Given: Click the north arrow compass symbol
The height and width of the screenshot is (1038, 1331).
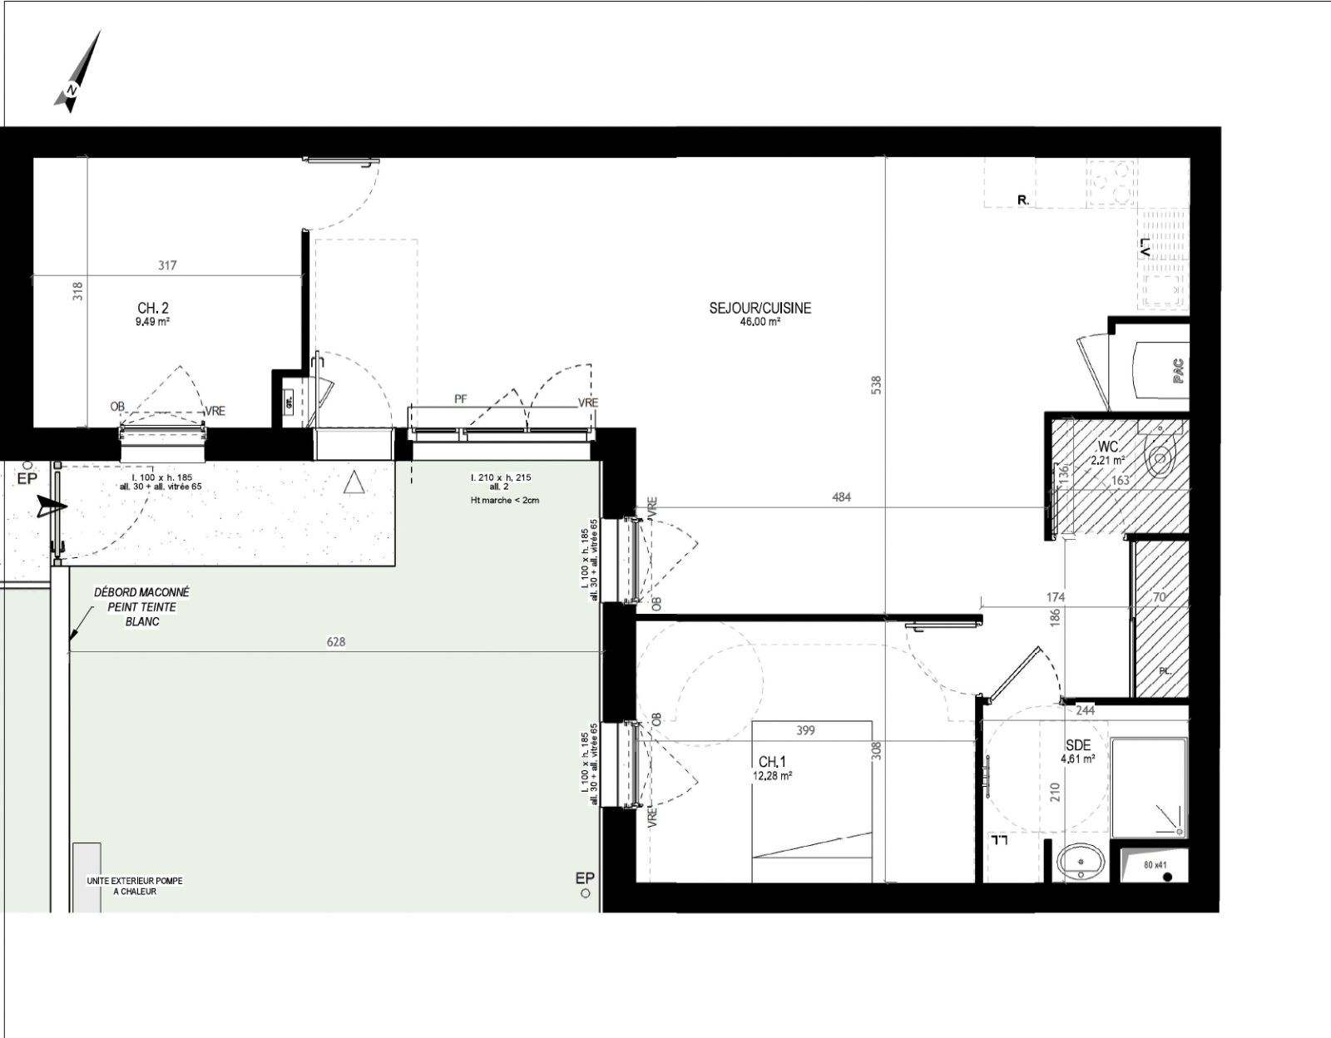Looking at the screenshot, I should click(x=77, y=73).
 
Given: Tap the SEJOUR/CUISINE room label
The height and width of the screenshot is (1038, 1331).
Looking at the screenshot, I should click(x=760, y=308).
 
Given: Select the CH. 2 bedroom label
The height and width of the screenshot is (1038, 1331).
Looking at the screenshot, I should click(x=153, y=309).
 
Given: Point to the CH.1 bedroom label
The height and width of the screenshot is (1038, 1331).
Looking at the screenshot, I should click(x=772, y=762).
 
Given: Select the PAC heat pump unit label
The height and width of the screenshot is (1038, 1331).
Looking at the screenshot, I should click(x=1178, y=370).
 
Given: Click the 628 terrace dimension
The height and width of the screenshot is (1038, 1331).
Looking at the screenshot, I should click(x=336, y=641).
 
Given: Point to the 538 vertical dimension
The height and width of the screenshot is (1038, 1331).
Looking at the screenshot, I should click(x=876, y=386).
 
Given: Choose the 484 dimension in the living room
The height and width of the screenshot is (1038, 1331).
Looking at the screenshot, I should click(x=841, y=497).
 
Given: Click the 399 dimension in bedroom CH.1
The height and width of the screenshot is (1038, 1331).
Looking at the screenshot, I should click(x=805, y=731).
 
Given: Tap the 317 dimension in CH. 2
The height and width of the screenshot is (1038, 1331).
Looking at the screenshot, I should click(x=167, y=266).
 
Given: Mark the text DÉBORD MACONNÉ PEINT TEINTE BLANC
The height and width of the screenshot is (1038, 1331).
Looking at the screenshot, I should click(x=141, y=606).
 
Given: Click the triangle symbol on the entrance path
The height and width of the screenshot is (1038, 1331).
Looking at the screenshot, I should click(x=354, y=482).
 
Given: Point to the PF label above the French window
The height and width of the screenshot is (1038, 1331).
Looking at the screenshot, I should click(x=460, y=399).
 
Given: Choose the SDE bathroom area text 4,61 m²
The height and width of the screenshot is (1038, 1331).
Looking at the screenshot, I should click(x=1077, y=759).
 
